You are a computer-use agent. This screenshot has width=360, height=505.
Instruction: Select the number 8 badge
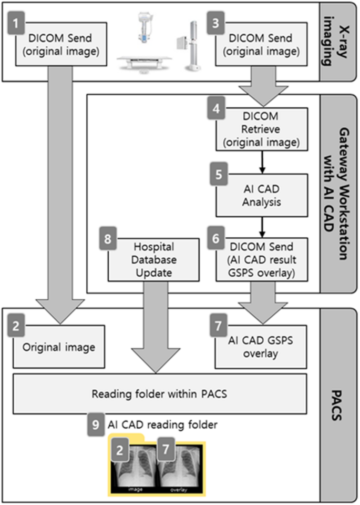point(107,238)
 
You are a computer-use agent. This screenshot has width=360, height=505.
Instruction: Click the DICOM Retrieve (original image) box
point(262,129)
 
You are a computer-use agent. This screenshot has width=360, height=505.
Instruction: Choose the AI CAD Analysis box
point(262,195)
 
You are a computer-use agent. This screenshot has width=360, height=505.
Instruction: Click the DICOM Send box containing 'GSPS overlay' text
point(262,259)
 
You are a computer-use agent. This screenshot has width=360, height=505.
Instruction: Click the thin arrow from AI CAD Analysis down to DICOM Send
point(262,227)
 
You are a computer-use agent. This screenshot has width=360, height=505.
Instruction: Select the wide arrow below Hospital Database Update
point(153,326)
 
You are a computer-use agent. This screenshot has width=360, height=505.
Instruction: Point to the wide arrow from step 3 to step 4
point(261,84)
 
